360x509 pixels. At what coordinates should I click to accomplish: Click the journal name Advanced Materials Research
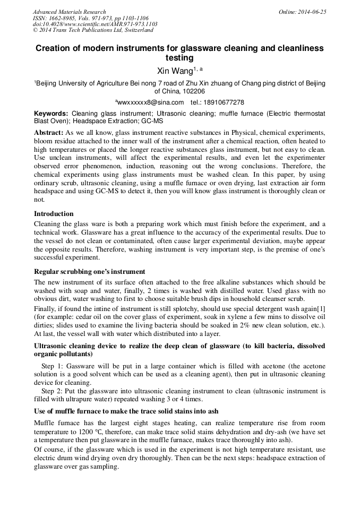tap(69, 12)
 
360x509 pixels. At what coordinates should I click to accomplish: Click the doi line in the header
tap(95, 24)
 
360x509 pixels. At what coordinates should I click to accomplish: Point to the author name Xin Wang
tap(175, 70)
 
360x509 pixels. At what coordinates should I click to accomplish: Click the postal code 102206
tap(193, 91)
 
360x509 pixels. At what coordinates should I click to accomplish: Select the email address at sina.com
tap(150, 102)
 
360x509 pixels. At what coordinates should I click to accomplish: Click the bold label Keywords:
tap(51, 114)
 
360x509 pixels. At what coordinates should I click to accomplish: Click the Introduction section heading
tap(54, 213)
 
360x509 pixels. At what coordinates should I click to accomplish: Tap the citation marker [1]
tap(320, 308)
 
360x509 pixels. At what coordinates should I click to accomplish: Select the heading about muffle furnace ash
tap(126, 411)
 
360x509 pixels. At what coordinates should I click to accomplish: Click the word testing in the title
tap(179, 57)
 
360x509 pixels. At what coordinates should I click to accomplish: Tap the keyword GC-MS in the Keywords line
tap(152, 121)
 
